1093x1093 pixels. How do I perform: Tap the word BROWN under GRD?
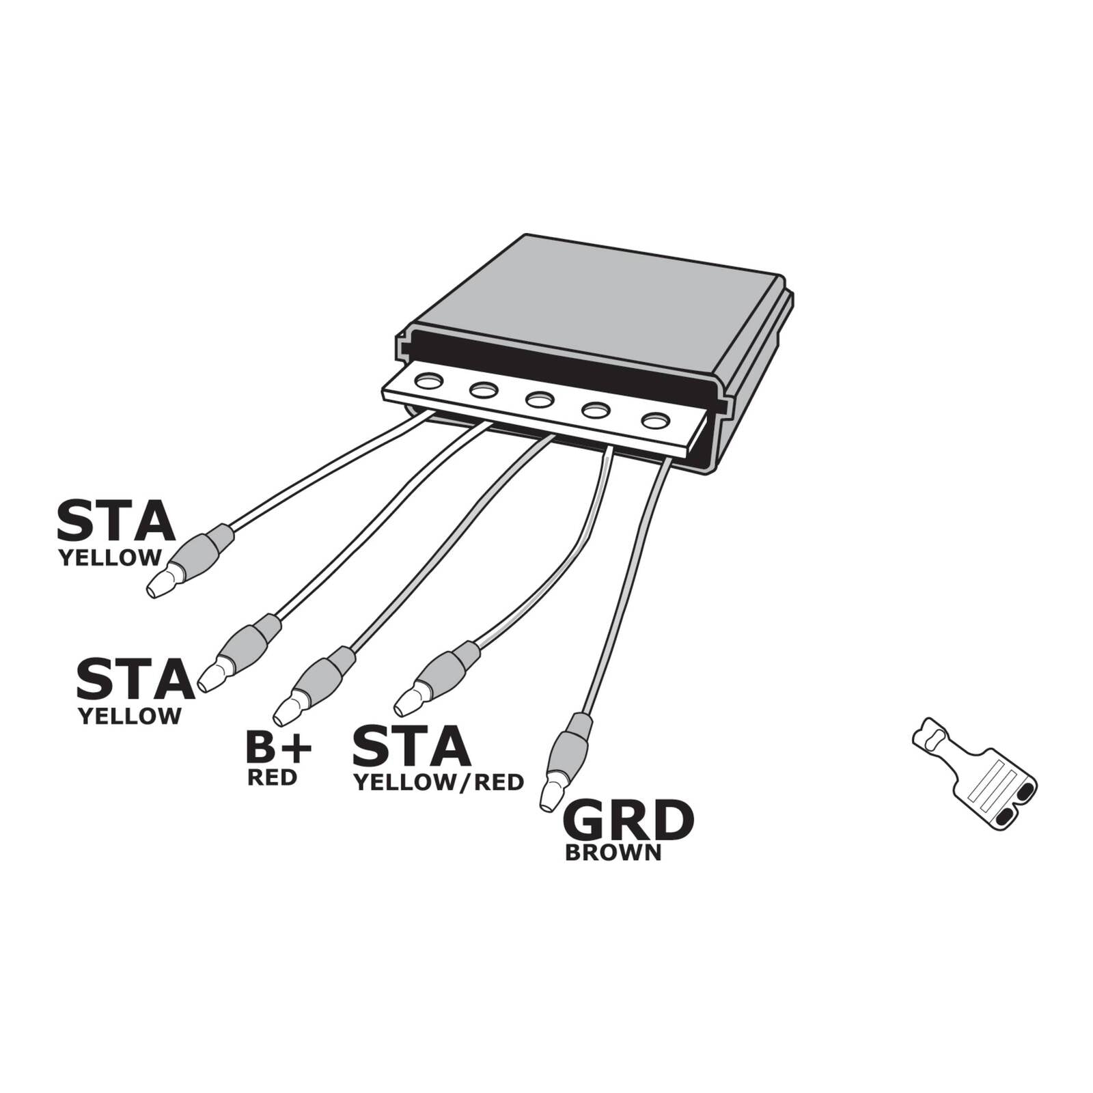coord(613,853)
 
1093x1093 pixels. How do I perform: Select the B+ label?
coord(278,748)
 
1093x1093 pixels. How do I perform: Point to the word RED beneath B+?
coord(272,777)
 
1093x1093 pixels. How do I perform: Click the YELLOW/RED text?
coord(438,783)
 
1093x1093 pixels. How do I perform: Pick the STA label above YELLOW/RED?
coord(411,747)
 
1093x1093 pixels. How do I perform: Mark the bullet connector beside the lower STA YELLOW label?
coord(243,649)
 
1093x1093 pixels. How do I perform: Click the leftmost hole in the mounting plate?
coord(428,381)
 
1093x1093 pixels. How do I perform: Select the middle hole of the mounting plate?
coord(539,399)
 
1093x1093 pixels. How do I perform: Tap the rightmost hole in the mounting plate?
coord(655,420)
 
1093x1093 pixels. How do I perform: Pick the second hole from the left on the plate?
coord(484,390)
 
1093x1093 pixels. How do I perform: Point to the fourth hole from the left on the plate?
coord(595,410)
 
